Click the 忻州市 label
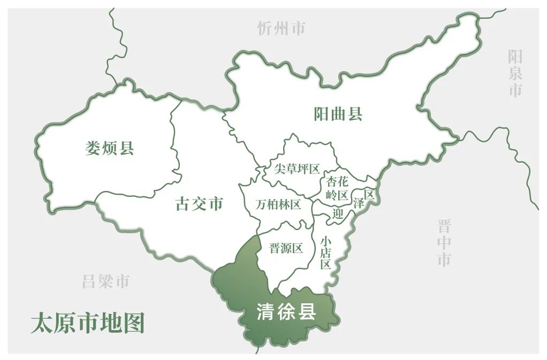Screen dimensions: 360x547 (281, 28)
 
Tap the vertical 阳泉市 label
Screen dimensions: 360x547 (515, 73)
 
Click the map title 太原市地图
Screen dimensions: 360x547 (88, 323)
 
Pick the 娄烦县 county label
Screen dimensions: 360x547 (109, 148)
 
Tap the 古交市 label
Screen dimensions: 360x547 (199, 204)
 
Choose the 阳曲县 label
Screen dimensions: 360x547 (338, 114)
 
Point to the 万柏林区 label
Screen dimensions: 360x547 (278, 204)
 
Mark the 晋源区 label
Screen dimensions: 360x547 (286, 248)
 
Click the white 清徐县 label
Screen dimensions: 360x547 (286, 312)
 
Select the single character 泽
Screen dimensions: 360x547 (359, 203)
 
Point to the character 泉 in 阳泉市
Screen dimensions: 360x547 (515, 73)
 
